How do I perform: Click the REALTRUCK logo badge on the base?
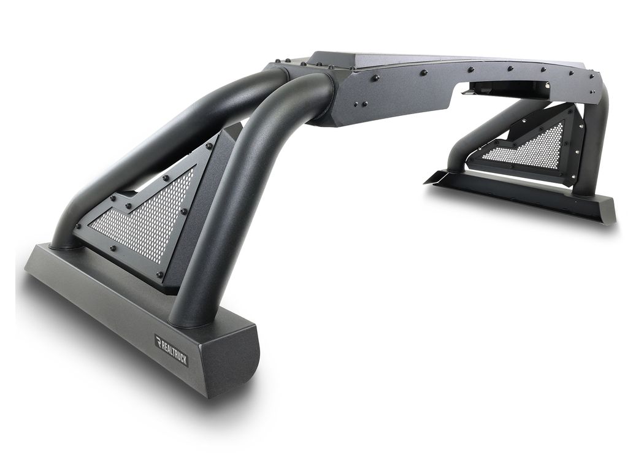[x=171, y=350]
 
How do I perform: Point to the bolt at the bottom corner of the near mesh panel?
[x=161, y=274]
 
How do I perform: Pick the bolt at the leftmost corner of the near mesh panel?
[x=79, y=226]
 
